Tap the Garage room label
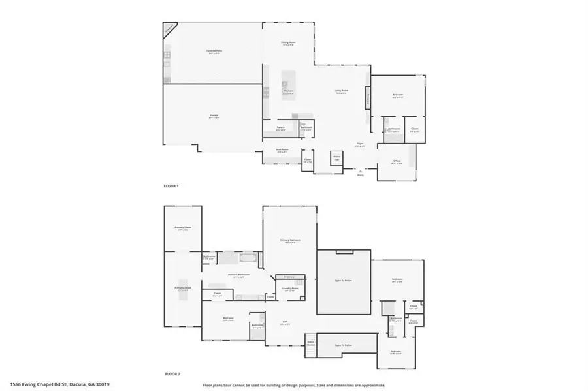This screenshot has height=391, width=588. (214, 116)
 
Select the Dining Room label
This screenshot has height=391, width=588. (289, 43)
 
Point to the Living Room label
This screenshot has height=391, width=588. (341, 91)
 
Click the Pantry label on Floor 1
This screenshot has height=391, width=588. (280, 128)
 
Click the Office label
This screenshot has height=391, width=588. (396, 162)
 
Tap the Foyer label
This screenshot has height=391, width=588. (359, 145)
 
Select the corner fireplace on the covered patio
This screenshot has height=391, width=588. (169, 29)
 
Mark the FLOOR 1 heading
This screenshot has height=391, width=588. (171, 187)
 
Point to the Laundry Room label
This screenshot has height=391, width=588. (291, 289)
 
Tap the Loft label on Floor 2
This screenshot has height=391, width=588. (286, 322)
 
